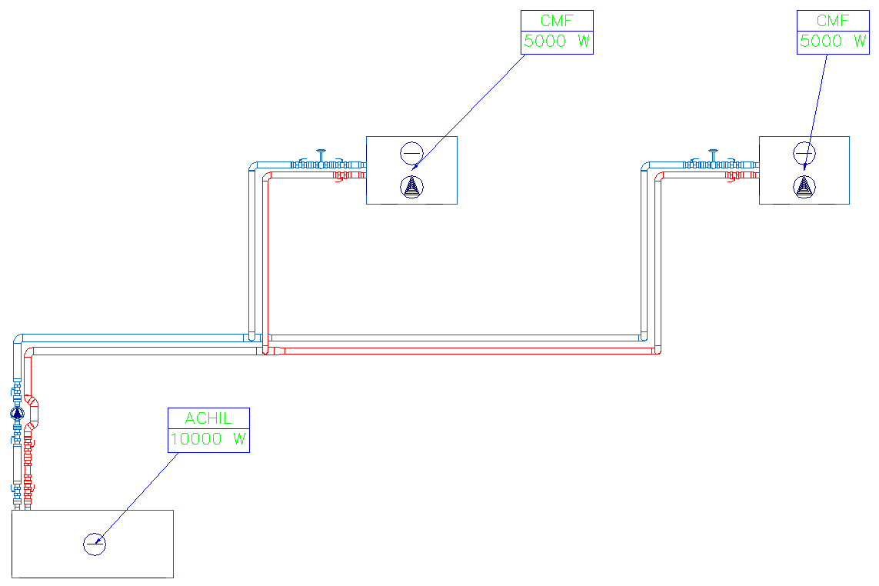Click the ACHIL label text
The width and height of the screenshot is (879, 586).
(x=208, y=418)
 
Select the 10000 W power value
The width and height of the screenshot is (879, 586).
(x=208, y=439)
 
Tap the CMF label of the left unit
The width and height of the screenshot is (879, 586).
(x=557, y=21)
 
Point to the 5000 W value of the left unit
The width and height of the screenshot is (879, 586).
(x=557, y=42)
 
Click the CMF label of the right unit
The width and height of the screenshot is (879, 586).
(x=833, y=21)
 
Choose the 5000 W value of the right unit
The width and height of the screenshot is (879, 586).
(x=833, y=42)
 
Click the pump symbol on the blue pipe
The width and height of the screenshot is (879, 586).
(x=18, y=413)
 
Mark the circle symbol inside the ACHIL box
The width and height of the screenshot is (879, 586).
(x=95, y=544)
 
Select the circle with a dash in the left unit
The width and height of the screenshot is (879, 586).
(x=411, y=153)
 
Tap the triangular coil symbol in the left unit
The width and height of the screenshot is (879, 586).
(x=412, y=186)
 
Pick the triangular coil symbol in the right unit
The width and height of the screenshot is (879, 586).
(x=804, y=186)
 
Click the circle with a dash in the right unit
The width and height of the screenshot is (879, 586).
(x=804, y=153)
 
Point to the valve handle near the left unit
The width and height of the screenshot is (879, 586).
(x=322, y=152)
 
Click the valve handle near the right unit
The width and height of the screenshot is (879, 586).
(x=714, y=152)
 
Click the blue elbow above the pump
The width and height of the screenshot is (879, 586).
(x=18, y=339)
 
